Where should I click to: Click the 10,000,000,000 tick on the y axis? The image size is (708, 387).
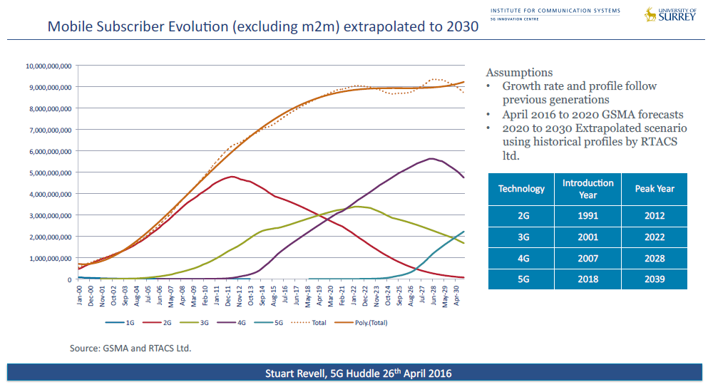[x=48, y=66]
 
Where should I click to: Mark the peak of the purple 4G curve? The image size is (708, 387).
[x=431, y=158]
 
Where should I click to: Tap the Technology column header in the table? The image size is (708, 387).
[x=521, y=189]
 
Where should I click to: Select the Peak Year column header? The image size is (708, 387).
[x=654, y=189]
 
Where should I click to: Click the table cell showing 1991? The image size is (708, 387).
[x=588, y=216]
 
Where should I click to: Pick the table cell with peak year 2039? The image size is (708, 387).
[x=654, y=279]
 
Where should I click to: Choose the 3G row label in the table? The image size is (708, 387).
[x=521, y=237]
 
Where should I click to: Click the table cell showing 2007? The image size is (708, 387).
[x=588, y=258]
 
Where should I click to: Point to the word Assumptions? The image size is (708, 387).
[x=518, y=73]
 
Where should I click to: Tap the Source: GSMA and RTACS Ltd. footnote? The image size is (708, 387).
[x=130, y=349]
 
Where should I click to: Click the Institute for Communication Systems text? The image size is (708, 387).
[x=555, y=11]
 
